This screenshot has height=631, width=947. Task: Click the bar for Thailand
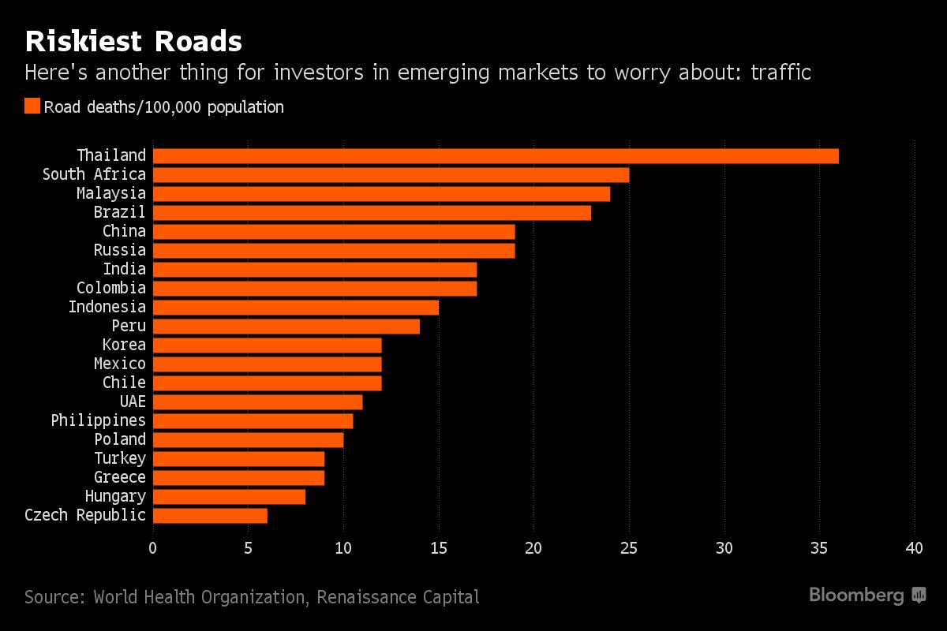pos(496,155)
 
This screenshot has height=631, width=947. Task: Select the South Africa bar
pos(391,174)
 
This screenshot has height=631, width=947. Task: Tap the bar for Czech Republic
pos(210,515)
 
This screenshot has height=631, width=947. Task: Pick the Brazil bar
pos(372,212)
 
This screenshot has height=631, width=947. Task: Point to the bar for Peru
pos(286,326)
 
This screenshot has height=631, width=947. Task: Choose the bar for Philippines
pos(253,420)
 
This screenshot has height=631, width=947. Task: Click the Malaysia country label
pos(111,193)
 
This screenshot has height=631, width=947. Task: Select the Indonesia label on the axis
pos(107,307)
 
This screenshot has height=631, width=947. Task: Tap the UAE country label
pos(133,401)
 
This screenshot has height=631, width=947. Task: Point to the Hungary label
pos(115,496)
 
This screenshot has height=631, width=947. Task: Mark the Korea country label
pos(124,345)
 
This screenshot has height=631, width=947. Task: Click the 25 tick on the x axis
pos(629,548)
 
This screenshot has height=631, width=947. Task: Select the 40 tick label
pos(915,548)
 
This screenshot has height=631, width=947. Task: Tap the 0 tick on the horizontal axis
pos(153,548)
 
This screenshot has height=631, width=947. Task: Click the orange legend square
pos(32,106)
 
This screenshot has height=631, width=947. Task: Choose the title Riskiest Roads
pos(133,41)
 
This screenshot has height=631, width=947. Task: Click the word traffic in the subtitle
pos(780,73)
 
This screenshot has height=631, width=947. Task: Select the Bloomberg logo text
pos(857,596)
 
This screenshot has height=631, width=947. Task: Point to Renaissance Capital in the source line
pos(398,596)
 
